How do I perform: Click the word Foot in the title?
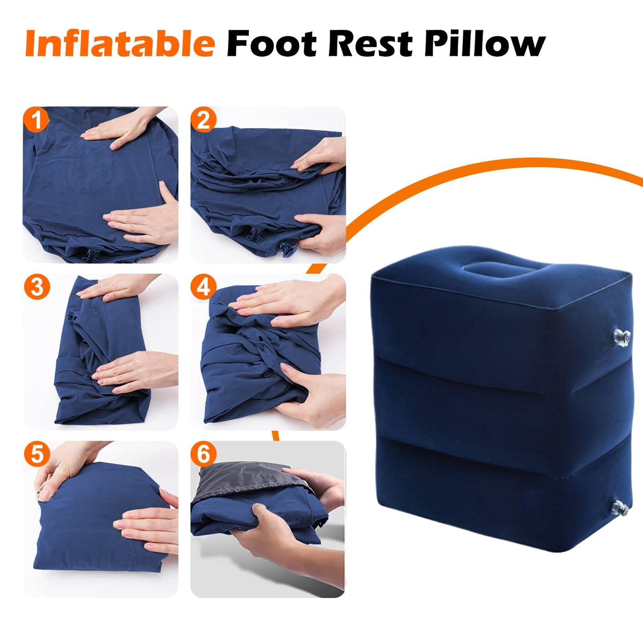tap(272, 44)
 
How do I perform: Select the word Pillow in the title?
tap(485, 44)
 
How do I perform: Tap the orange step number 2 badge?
tap(203, 119)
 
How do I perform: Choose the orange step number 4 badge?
tap(203, 287)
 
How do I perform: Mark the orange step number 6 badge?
tap(203, 453)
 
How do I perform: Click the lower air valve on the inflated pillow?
tap(620, 507)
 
